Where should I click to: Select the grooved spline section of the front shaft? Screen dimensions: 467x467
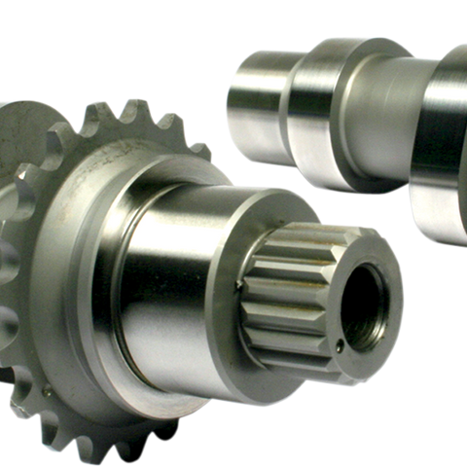point(288,288)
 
